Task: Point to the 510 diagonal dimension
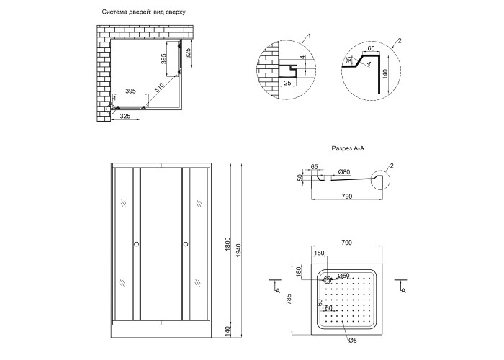coord(159,87)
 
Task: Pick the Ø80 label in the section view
coord(344,173)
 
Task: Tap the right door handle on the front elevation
coord(186,245)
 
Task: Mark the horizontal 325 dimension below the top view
coord(125,114)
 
